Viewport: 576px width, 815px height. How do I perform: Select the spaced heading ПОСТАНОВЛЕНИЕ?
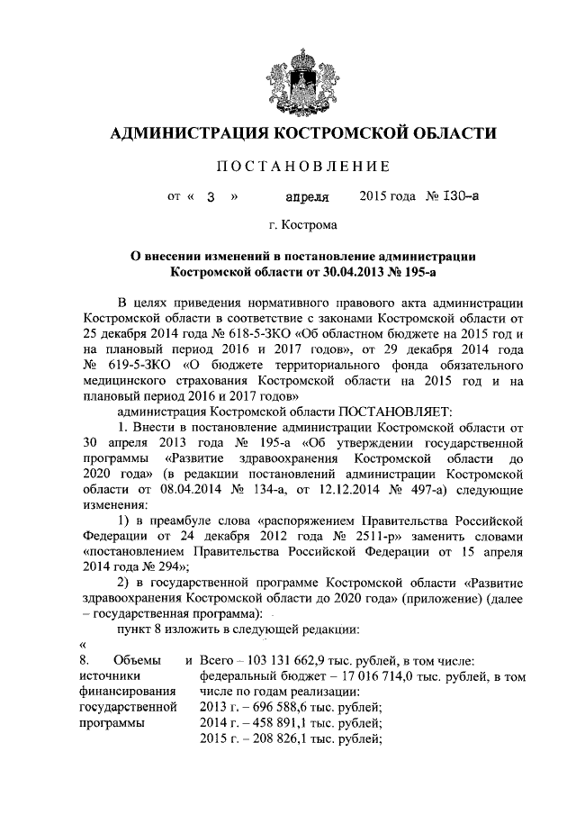coord(302,166)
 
